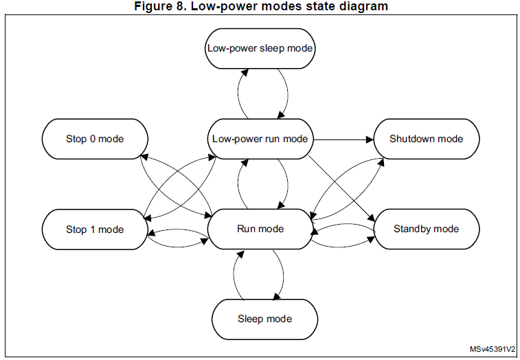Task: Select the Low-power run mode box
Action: [260, 139]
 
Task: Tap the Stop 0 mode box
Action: [95, 139]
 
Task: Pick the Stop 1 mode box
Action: [95, 229]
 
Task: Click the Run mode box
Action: [260, 229]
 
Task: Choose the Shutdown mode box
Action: [426, 139]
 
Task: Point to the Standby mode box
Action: [426, 229]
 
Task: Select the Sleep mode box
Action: [264, 319]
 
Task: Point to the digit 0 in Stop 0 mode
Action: [93, 139]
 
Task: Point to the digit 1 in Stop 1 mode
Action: [93, 229]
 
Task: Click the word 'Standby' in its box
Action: [413, 229]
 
